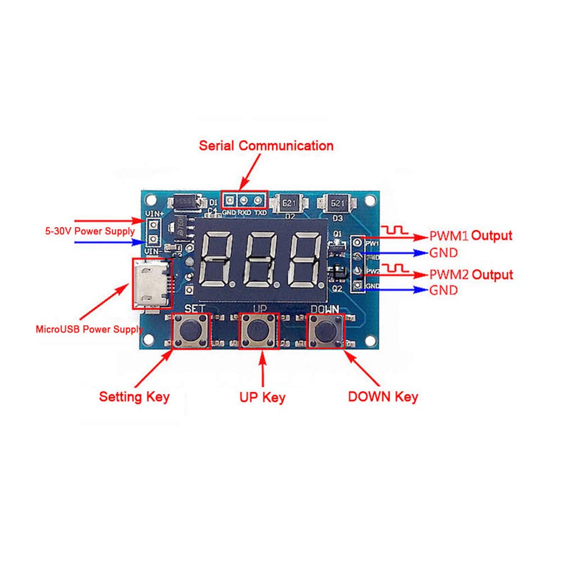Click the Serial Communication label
(x=266, y=146)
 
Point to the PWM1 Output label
(x=471, y=236)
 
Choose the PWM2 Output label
(x=471, y=275)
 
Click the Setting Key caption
(x=134, y=397)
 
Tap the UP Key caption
(x=262, y=398)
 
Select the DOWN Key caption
(x=383, y=397)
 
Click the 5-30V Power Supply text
(x=90, y=231)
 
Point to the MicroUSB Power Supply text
(x=89, y=329)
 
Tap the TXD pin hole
(x=259, y=200)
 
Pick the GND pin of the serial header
(x=230, y=200)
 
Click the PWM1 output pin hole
(x=357, y=242)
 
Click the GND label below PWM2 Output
(x=443, y=291)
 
